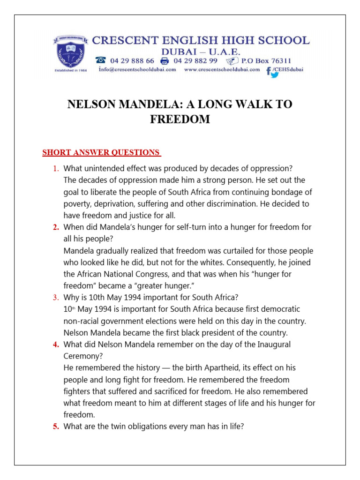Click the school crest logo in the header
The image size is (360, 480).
[x=70, y=54]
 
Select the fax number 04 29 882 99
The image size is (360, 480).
[x=195, y=60]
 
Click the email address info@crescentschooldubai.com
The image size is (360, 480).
[x=137, y=69]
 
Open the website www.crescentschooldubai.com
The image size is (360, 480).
[x=222, y=69]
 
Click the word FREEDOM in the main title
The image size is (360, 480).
[x=180, y=120]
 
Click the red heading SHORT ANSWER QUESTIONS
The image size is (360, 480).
[x=101, y=152]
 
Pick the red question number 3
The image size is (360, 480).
[x=56, y=297]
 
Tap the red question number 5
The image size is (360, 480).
[x=56, y=427]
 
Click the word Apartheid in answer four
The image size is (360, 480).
[x=188, y=368]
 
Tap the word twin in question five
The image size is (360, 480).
[x=118, y=427]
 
